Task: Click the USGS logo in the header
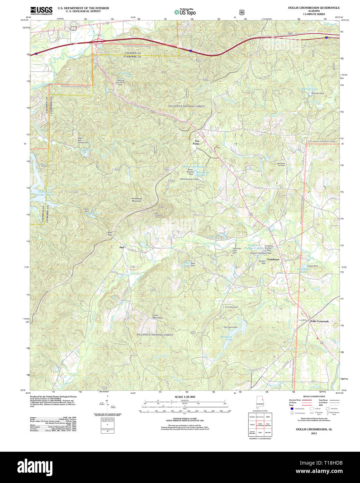point(41,10)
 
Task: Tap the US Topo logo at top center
point(185,12)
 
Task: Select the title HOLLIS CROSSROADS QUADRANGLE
point(313,8)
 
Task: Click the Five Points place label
point(197,142)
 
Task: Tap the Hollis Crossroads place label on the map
point(319,321)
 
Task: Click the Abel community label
point(122,247)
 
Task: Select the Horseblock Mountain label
point(136,200)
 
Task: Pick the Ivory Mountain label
point(158,317)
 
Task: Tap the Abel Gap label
point(110,234)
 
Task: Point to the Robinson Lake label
point(310,89)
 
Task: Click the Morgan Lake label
point(92,214)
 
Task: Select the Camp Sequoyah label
point(231,307)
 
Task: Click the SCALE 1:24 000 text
point(185,397)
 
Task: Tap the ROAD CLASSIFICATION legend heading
point(314,396)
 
